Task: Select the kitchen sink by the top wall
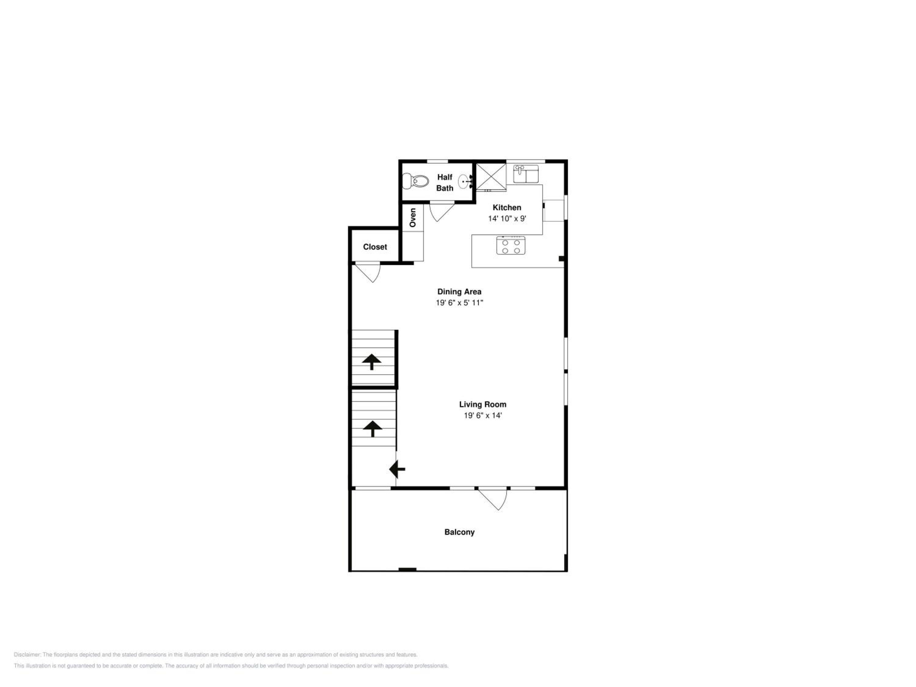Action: pyautogui.click(x=525, y=174)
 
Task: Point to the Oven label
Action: pyautogui.click(x=413, y=217)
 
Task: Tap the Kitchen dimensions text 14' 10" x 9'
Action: pyautogui.click(x=507, y=218)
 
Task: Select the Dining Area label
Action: pyautogui.click(x=459, y=292)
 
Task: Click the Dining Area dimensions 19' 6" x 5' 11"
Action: pyautogui.click(x=459, y=303)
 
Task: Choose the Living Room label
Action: pyautogui.click(x=482, y=404)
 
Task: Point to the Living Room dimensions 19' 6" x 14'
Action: pyautogui.click(x=482, y=415)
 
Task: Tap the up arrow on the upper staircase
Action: pyautogui.click(x=372, y=362)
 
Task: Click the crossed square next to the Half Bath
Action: pyautogui.click(x=491, y=177)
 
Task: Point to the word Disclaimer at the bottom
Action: pyautogui.click(x=27, y=655)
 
